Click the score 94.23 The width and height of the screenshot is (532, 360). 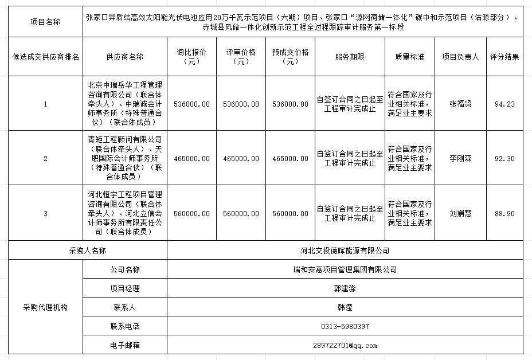tap(504, 104)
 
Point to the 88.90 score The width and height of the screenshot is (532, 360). tap(504, 213)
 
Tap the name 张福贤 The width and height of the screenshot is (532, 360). tap(460, 104)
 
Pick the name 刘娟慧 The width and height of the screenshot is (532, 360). tap(460, 213)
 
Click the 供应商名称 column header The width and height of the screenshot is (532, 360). tap(124, 57)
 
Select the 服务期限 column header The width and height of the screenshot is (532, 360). tap(350, 57)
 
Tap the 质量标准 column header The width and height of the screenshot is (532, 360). tap(409, 57)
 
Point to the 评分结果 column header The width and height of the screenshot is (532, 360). tap(504, 57)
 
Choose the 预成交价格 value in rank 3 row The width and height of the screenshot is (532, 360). tap(291, 213)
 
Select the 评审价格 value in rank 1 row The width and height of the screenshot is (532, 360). tap(241, 104)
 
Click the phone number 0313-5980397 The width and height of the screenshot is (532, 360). tap(345, 327)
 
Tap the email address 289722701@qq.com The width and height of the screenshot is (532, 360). tap(345, 346)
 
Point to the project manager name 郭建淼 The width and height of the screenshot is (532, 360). tap(345, 288)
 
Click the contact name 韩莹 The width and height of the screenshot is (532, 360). tap(345, 307)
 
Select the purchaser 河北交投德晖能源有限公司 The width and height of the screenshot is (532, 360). tap(345, 251)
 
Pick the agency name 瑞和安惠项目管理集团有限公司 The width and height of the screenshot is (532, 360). tap(345, 269)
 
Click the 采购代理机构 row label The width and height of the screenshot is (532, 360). tap(45, 307)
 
